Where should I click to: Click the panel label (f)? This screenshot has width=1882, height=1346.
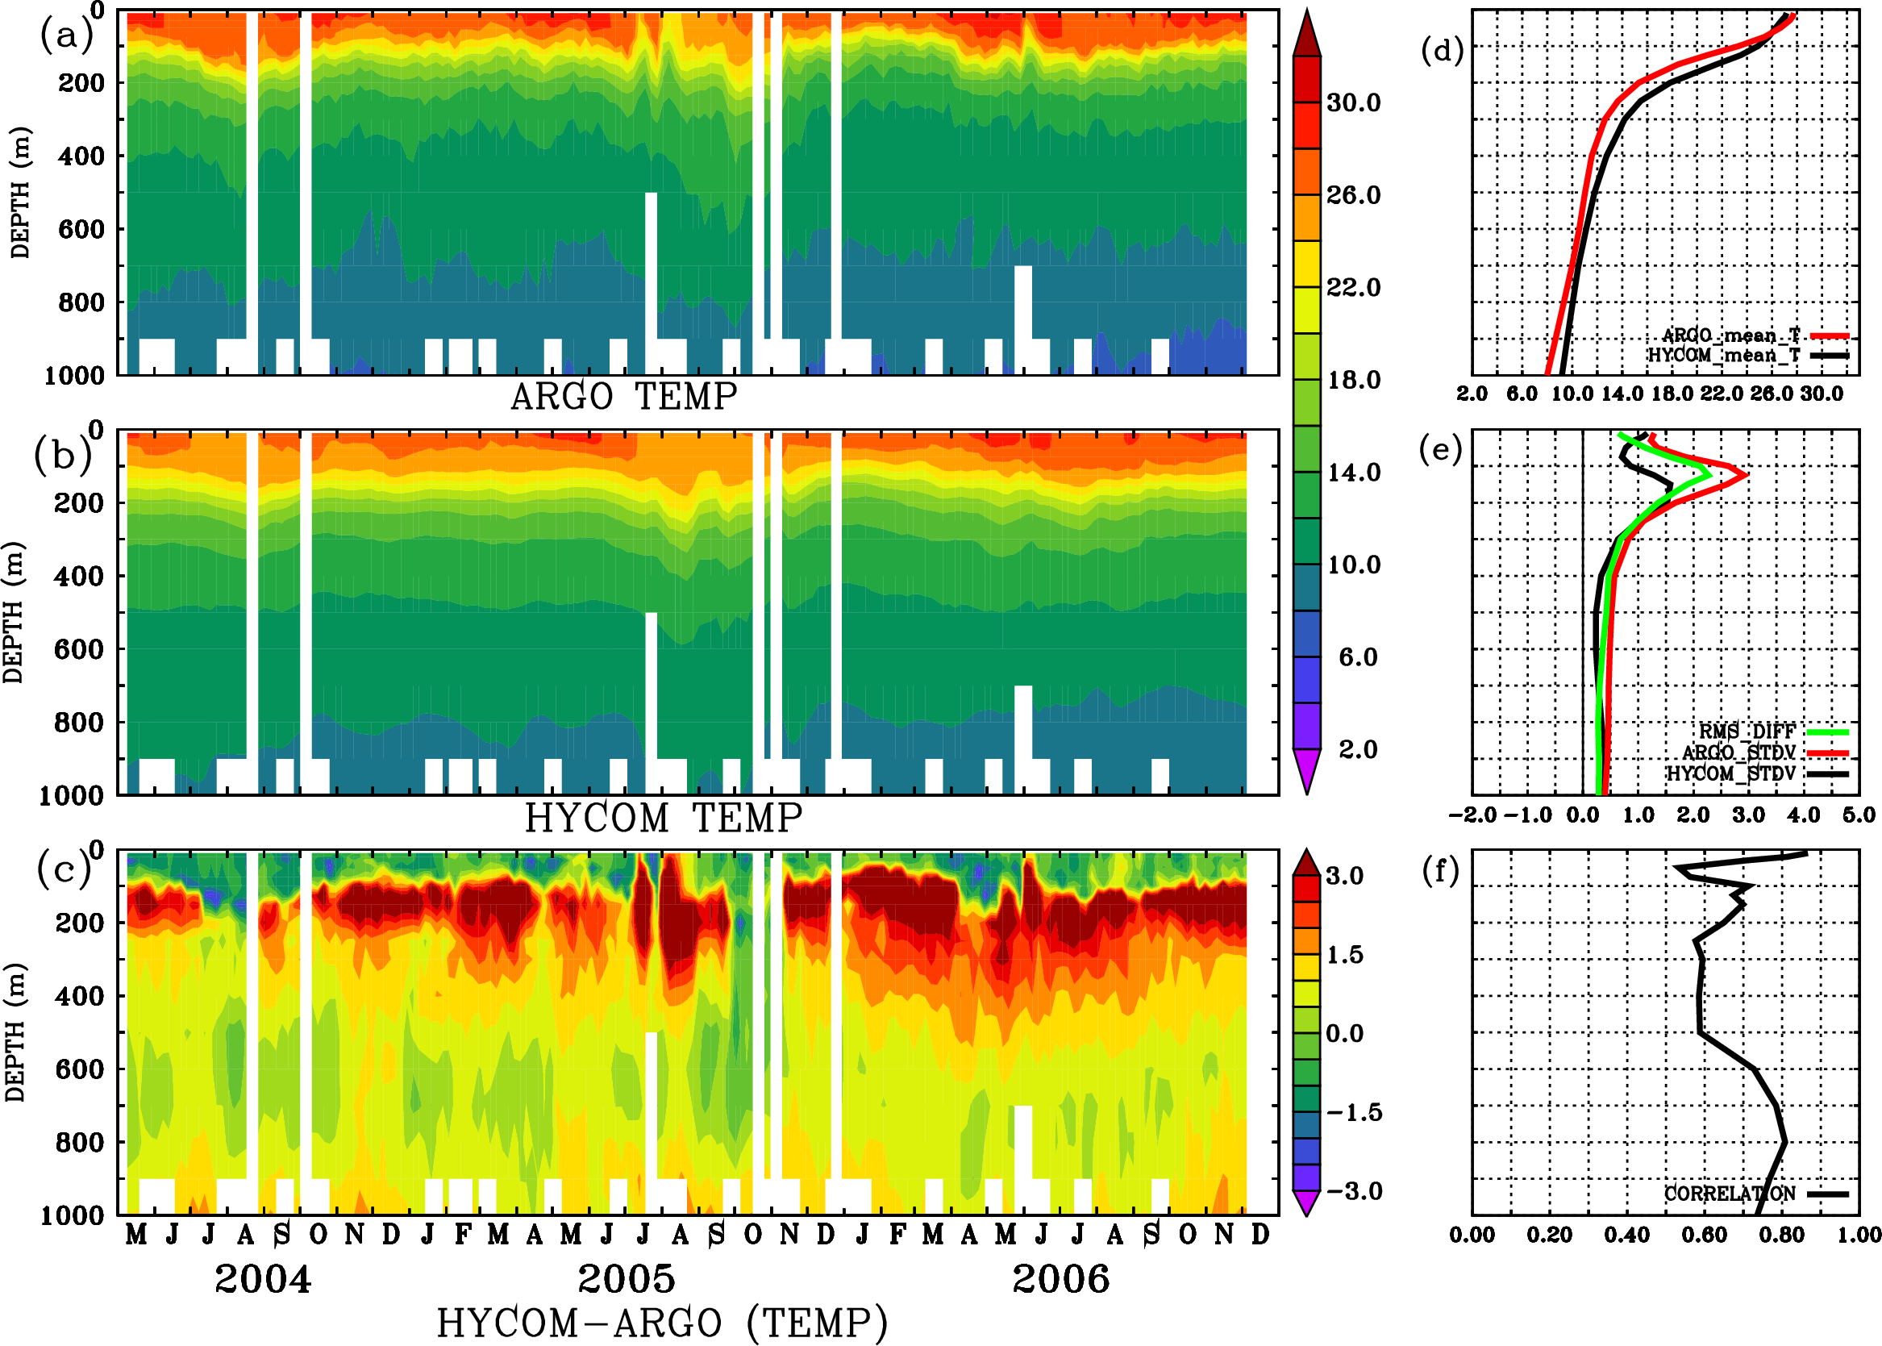pyautogui.click(x=1440, y=872)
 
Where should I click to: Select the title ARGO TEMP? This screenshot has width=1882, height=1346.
pyautogui.click(x=623, y=397)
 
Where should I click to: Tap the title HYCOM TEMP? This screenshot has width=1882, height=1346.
pyautogui.click(x=663, y=818)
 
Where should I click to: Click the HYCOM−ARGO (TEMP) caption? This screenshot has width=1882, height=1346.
pyautogui.click(x=661, y=1323)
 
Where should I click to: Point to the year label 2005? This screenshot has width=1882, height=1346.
pyautogui.click(x=626, y=1279)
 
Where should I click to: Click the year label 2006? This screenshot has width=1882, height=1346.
pyautogui.click(x=1061, y=1279)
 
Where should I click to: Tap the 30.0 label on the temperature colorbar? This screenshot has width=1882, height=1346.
pyautogui.click(x=1353, y=102)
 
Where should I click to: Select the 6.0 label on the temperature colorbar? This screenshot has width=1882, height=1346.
pyautogui.click(x=1358, y=657)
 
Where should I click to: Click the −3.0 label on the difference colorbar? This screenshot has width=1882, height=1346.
pyautogui.click(x=1354, y=1191)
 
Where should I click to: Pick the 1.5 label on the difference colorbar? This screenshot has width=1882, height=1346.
pyautogui.click(x=1345, y=955)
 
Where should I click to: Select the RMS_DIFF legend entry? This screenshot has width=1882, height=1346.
pyautogui.click(x=1747, y=731)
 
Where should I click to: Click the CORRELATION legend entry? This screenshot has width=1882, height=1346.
pyautogui.click(x=1730, y=1194)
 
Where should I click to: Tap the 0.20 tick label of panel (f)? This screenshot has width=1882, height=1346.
pyautogui.click(x=1549, y=1235)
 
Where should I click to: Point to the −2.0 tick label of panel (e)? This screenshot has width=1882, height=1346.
pyautogui.click(x=1472, y=815)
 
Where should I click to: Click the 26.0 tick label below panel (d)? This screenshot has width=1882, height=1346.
pyautogui.click(x=1771, y=394)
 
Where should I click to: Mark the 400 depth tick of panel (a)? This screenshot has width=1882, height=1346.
pyautogui.click(x=81, y=156)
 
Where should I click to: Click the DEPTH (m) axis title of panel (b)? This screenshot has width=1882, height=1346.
pyautogui.click(x=14, y=611)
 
